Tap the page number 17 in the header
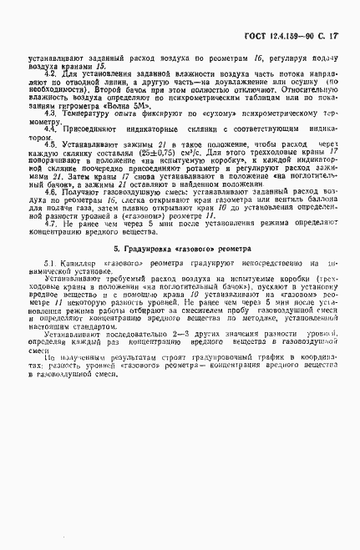pos(338,14)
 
